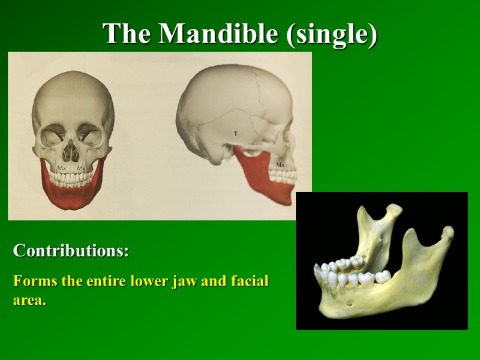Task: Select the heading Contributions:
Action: tap(71, 251)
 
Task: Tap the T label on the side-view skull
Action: tap(236, 133)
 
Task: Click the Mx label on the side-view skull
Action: tap(280, 164)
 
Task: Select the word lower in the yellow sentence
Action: tap(153, 281)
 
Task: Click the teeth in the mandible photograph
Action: tap(348, 273)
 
